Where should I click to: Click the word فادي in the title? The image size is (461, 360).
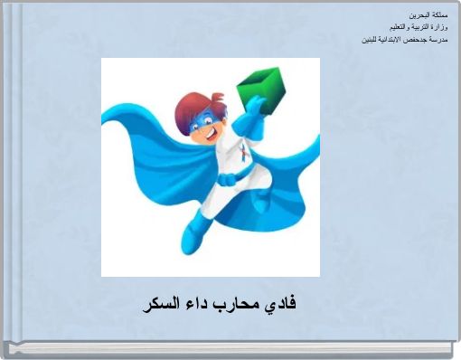point(282,304)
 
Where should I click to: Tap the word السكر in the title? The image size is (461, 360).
point(162,304)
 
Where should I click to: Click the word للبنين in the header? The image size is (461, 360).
point(370,41)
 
